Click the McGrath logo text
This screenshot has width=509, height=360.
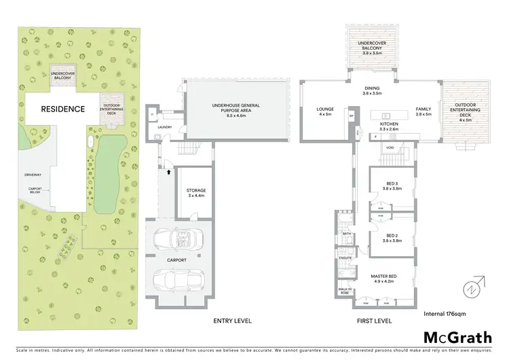tap(455, 338)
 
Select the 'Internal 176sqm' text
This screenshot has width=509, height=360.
tap(444, 314)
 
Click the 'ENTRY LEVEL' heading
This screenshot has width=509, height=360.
tap(232, 320)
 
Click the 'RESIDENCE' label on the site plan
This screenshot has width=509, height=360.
tap(63, 109)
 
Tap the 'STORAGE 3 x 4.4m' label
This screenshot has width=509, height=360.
tap(195, 193)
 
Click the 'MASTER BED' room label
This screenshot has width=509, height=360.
tap(383, 278)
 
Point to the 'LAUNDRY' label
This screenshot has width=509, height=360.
tap(164, 127)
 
